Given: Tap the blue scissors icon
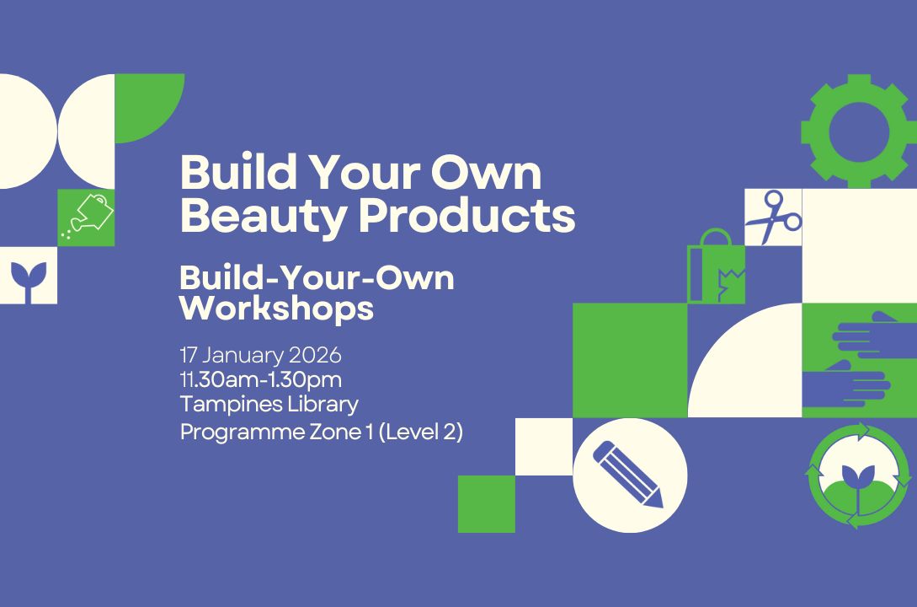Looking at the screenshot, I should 773,217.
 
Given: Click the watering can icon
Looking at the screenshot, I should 87,217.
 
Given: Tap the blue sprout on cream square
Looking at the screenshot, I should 28,276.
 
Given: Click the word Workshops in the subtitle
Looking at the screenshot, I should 276,309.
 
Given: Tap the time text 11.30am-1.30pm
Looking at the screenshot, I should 260,379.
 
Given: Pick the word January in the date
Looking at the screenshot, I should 240,354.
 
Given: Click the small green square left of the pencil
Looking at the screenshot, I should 486,504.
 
